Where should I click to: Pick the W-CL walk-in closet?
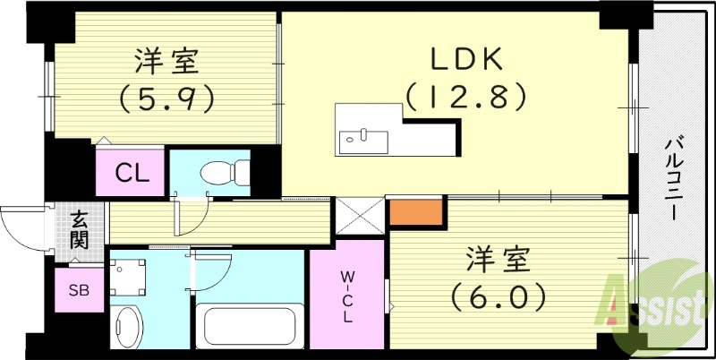pyautogui.click(x=345, y=296)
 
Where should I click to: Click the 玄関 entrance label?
pyautogui.click(x=80, y=230)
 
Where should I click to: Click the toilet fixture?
pyautogui.click(x=219, y=170)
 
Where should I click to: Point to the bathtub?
pyautogui.click(x=248, y=327)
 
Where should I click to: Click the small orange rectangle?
pyautogui.click(x=416, y=210)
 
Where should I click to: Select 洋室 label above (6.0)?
pyautogui.click(x=499, y=259)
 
